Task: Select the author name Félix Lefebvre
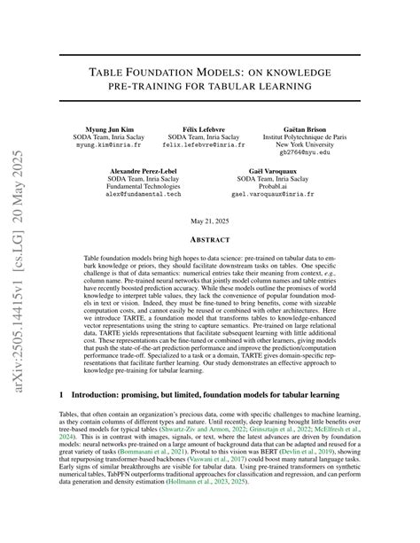tap(209, 129)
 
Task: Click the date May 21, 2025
tap(210, 220)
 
